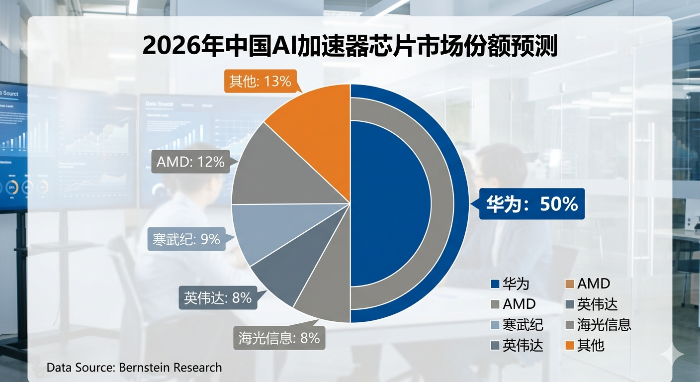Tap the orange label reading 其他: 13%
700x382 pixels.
point(260,81)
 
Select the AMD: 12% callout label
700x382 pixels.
point(190,162)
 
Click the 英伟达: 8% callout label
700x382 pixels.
point(218,297)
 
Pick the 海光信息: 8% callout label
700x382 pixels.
point(278,338)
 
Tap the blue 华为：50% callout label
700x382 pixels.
point(531,204)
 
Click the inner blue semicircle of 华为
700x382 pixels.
point(388,204)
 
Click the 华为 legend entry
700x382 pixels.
point(510,284)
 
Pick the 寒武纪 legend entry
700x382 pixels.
point(517,325)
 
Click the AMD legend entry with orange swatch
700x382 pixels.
point(587,284)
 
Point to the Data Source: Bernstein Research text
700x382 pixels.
point(134,368)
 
